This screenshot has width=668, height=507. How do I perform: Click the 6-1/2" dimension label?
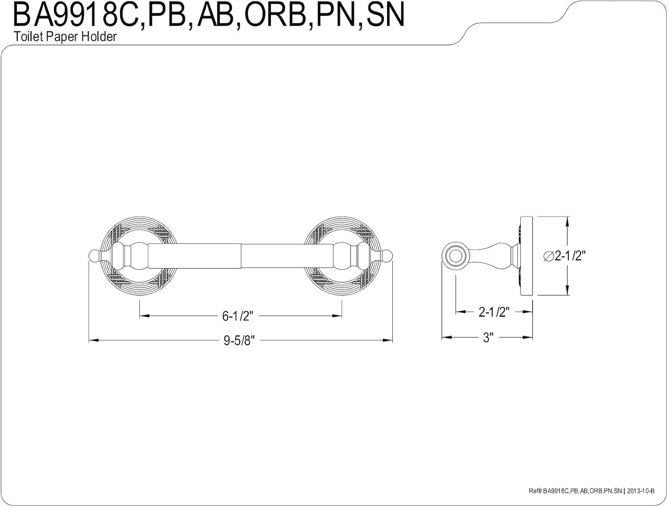[x=238, y=316]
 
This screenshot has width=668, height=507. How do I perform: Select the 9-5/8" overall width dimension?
[x=239, y=341]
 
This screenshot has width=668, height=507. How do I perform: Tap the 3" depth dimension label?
[x=488, y=337]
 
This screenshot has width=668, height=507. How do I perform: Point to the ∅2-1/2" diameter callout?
[x=565, y=256]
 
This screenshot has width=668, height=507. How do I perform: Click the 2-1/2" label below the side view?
[x=494, y=312]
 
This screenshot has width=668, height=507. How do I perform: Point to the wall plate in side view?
[x=526, y=256]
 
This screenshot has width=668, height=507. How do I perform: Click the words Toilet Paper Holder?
[x=65, y=37]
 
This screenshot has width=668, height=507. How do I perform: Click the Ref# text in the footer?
[x=535, y=491]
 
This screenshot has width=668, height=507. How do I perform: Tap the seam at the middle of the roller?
[x=241, y=256]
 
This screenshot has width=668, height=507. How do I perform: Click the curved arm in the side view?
[x=491, y=256]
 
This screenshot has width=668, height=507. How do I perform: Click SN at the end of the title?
[x=385, y=15]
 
